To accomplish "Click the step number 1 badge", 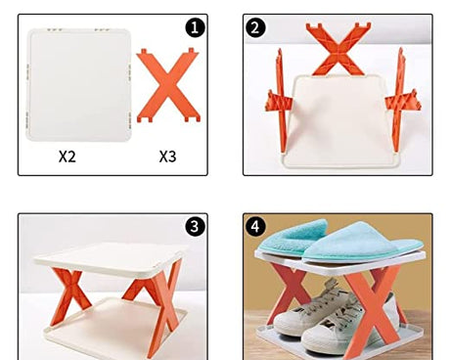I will (x=196, y=26).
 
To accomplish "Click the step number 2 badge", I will (x=256, y=27).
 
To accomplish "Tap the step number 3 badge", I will (x=196, y=227).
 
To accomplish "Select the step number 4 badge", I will (x=256, y=227).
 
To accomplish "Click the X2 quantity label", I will (x=68, y=156).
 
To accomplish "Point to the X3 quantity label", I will (x=169, y=156).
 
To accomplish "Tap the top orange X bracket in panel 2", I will (x=338, y=47).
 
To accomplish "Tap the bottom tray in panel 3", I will (x=108, y=337).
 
